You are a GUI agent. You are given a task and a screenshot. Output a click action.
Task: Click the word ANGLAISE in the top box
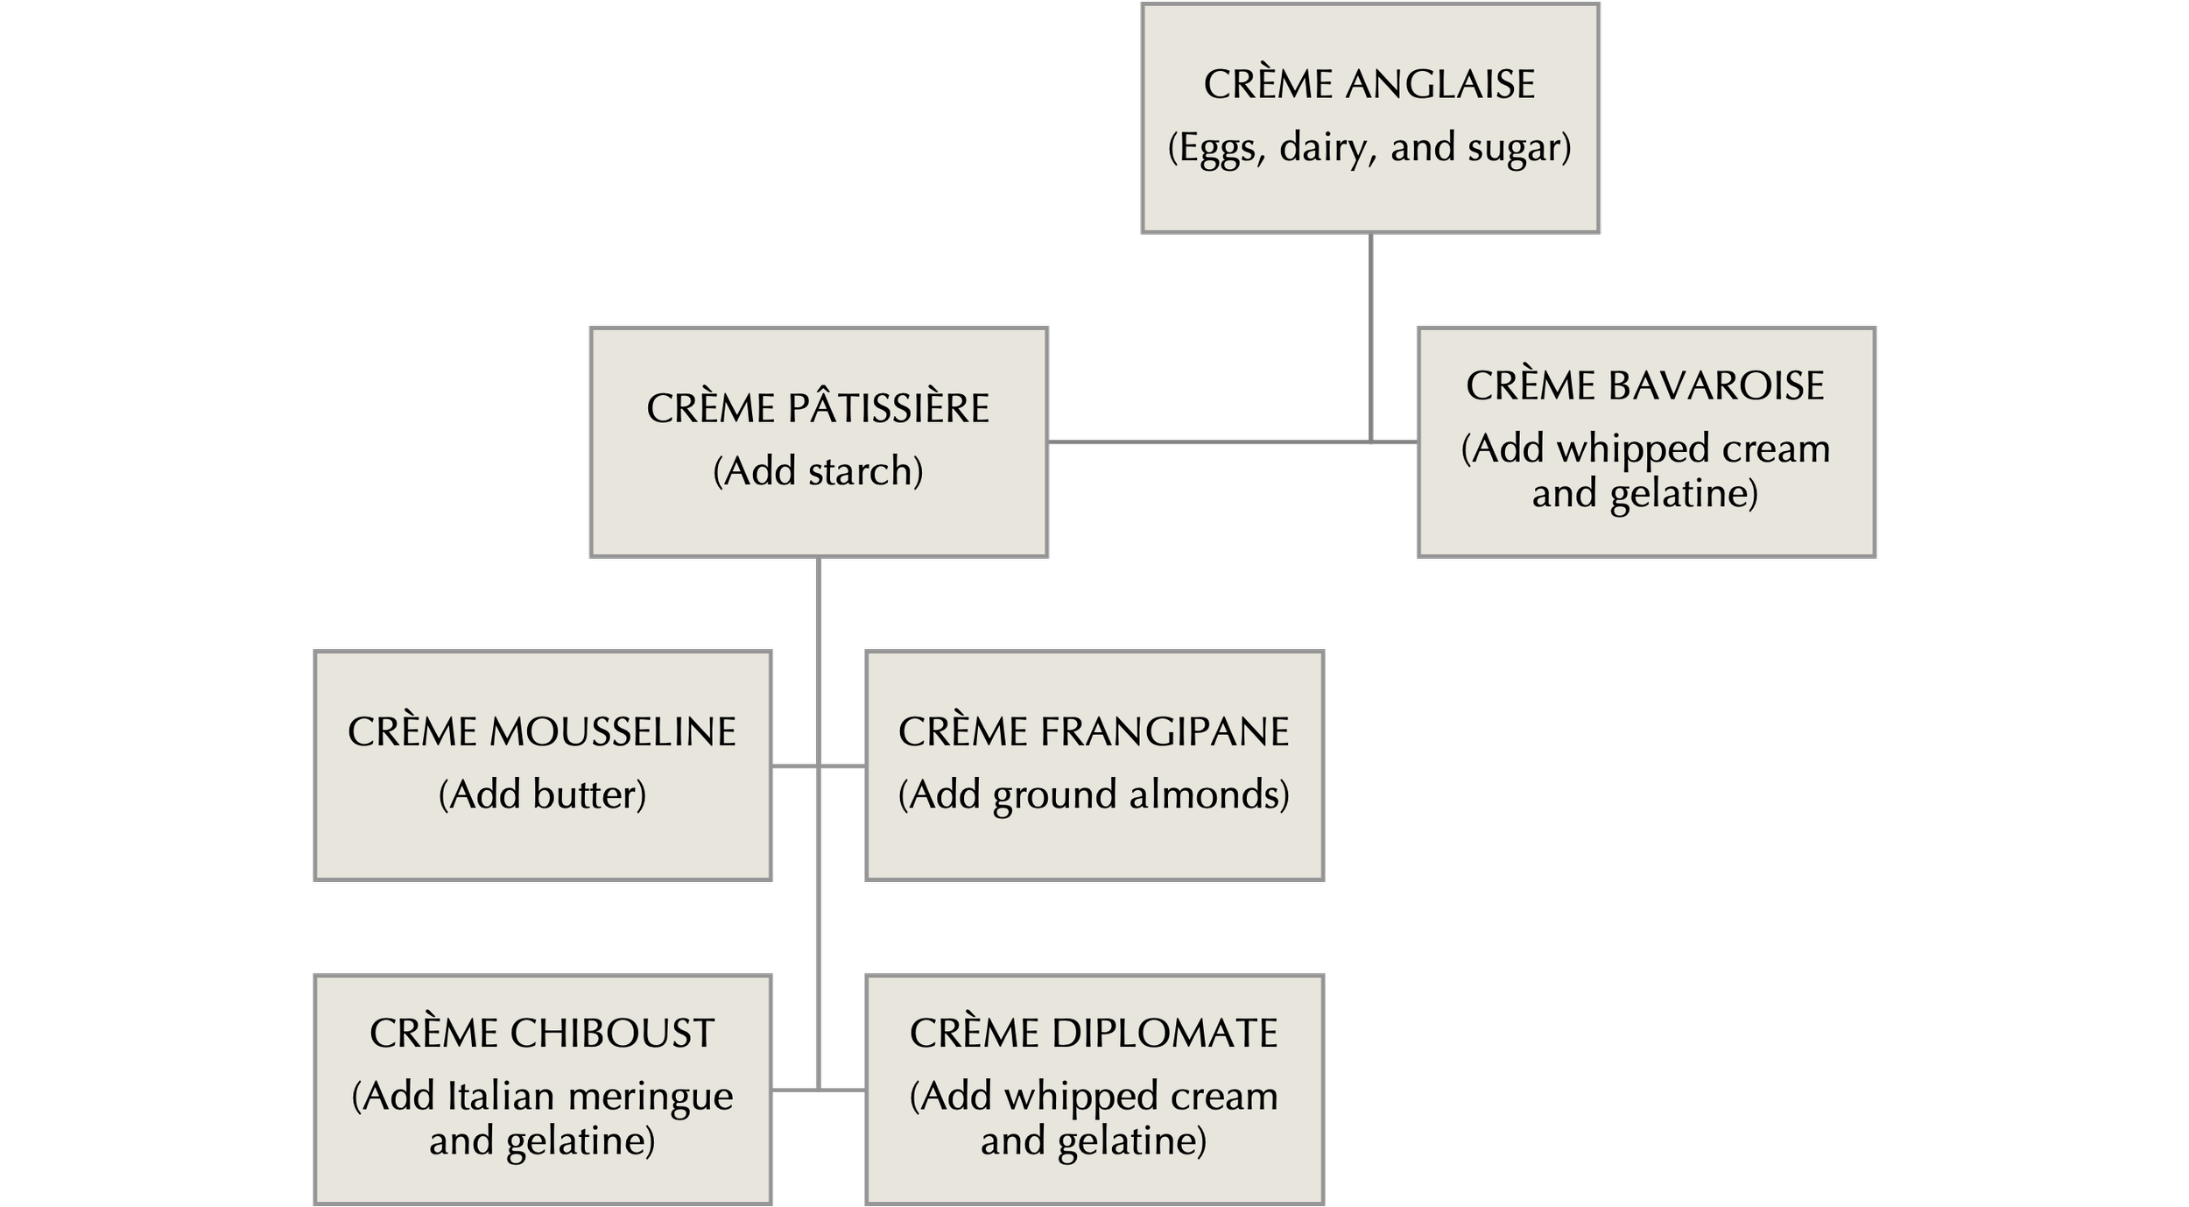tap(1439, 85)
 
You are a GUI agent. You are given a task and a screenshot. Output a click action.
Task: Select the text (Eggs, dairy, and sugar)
tap(1369, 147)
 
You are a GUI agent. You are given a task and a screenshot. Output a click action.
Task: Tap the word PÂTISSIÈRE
tap(888, 409)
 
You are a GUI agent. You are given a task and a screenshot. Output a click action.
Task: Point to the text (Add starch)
tap(818, 471)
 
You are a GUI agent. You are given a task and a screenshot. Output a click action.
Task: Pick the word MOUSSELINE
tap(612, 732)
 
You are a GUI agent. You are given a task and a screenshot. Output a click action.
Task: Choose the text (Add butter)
tap(542, 794)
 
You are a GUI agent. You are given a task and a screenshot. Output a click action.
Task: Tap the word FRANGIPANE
tap(1165, 732)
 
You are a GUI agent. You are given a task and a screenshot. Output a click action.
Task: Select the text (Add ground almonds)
tap(1094, 794)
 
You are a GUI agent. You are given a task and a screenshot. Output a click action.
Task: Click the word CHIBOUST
tap(612, 1034)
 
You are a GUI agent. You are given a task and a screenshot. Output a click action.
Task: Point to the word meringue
tap(650, 1097)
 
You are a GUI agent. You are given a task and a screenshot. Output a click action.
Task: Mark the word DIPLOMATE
tap(1165, 1034)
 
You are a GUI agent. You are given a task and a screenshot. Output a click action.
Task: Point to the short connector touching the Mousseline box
tap(794, 766)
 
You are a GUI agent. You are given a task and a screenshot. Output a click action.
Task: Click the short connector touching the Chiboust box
tap(794, 1090)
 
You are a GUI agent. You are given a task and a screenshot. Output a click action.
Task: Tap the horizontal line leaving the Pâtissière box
tap(1208, 442)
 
